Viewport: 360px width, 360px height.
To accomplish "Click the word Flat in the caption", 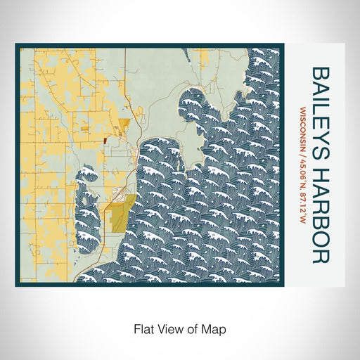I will (x=143, y=328).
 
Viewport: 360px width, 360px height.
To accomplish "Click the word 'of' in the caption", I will (x=195, y=328).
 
